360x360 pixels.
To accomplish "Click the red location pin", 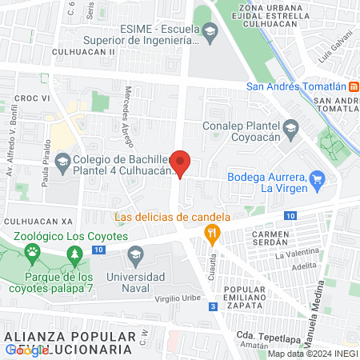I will point(181,163).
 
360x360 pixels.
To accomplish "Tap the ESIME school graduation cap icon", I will point(210,34).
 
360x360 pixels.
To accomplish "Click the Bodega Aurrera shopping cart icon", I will point(318,178).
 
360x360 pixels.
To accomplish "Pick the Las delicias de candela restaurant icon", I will point(212,234).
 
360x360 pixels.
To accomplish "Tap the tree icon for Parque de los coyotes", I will point(75,256).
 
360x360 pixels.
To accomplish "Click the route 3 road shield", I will point(213,306).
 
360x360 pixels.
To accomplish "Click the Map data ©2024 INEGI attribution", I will point(312,353).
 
